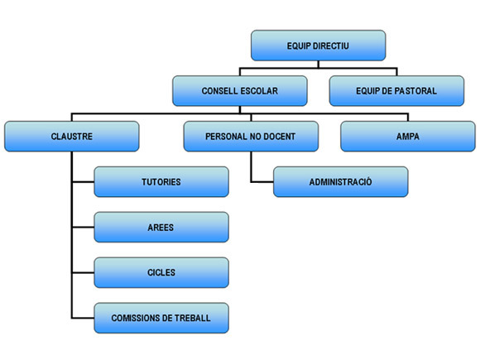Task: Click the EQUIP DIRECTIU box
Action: tap(318, 46)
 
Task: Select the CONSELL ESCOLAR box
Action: tap(240, 90)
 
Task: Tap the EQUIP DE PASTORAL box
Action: tap(396, 90)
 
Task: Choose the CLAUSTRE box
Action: tap(72, 137)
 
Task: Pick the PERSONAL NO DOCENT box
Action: tap(251, 137)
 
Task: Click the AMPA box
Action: tap(408, 137)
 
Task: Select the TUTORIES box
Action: tap(161, 182)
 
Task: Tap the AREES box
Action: tap(161, 227)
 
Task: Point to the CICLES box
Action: tap(161, 272)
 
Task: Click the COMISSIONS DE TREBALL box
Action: tap(161, 318)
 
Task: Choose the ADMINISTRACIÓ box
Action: tap(341, 182)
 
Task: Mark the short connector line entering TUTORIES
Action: tap(83, 182)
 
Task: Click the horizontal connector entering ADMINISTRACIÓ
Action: tap(262, 182)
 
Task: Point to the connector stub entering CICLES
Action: tap(83, 272)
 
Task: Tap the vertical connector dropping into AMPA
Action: tap(408, 118)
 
